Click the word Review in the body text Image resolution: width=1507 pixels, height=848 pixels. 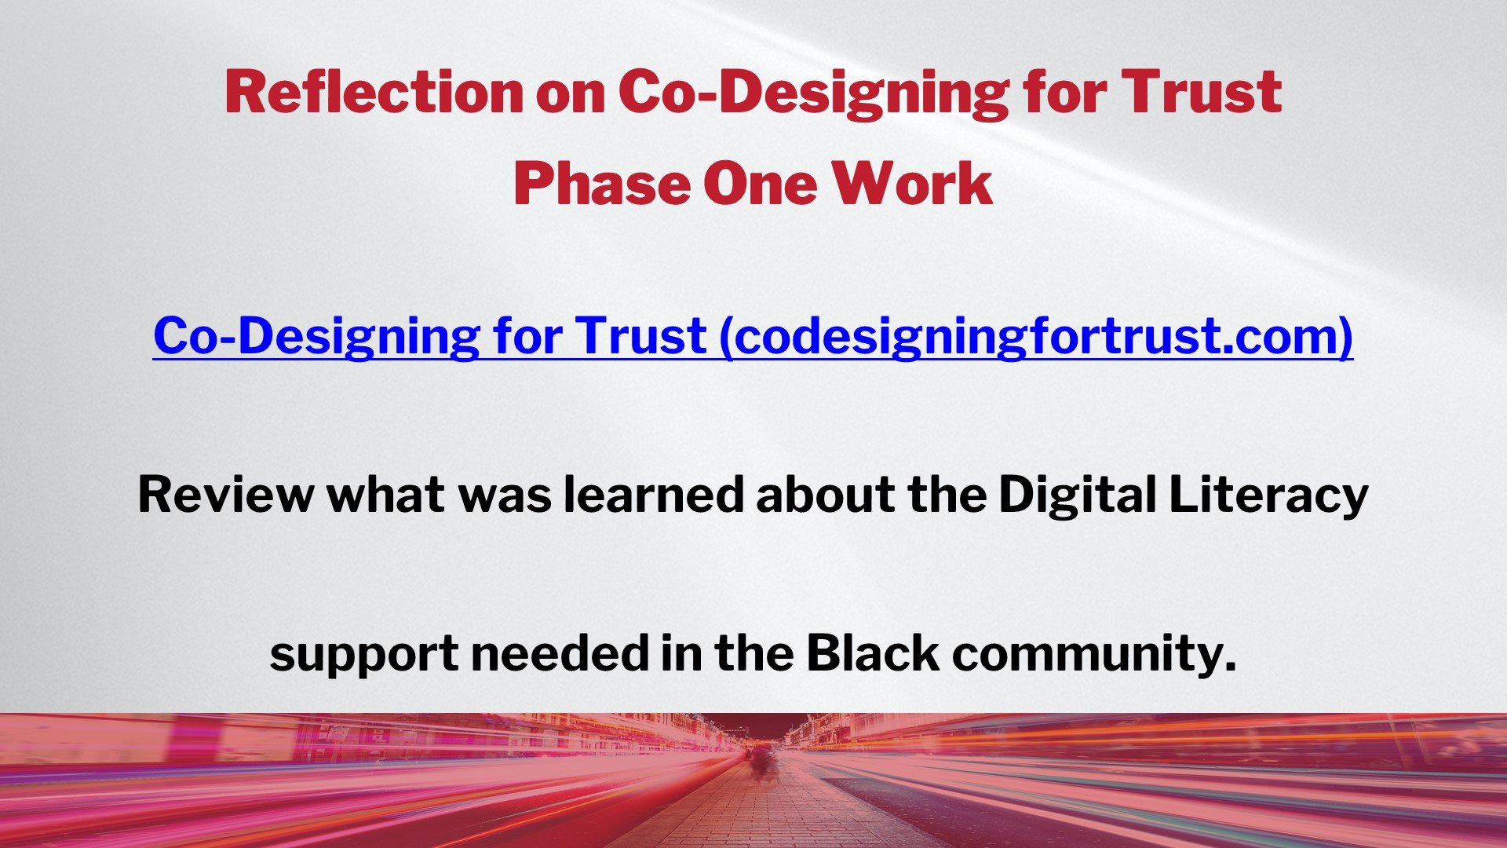[x=224, y=495]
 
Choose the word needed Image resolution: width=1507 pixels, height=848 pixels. [x=560, y=653]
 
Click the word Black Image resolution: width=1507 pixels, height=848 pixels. [x=873, y=653]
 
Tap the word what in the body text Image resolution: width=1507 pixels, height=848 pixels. [x=385, y=495]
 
